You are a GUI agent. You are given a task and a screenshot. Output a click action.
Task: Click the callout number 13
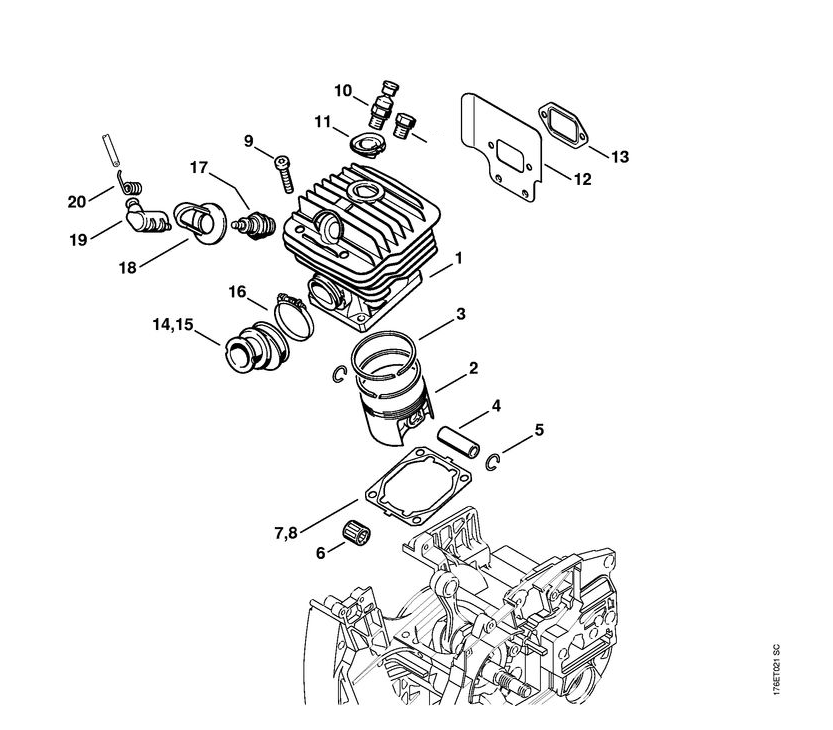[620, 157]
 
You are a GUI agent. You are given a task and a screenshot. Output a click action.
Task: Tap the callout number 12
[582, 180]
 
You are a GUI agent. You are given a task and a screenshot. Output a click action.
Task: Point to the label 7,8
[285, 533]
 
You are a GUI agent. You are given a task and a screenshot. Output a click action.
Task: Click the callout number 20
[77, 201]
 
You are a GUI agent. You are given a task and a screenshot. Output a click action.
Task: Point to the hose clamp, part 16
[288, 310]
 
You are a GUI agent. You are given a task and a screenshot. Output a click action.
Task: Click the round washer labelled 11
[367, 140]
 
